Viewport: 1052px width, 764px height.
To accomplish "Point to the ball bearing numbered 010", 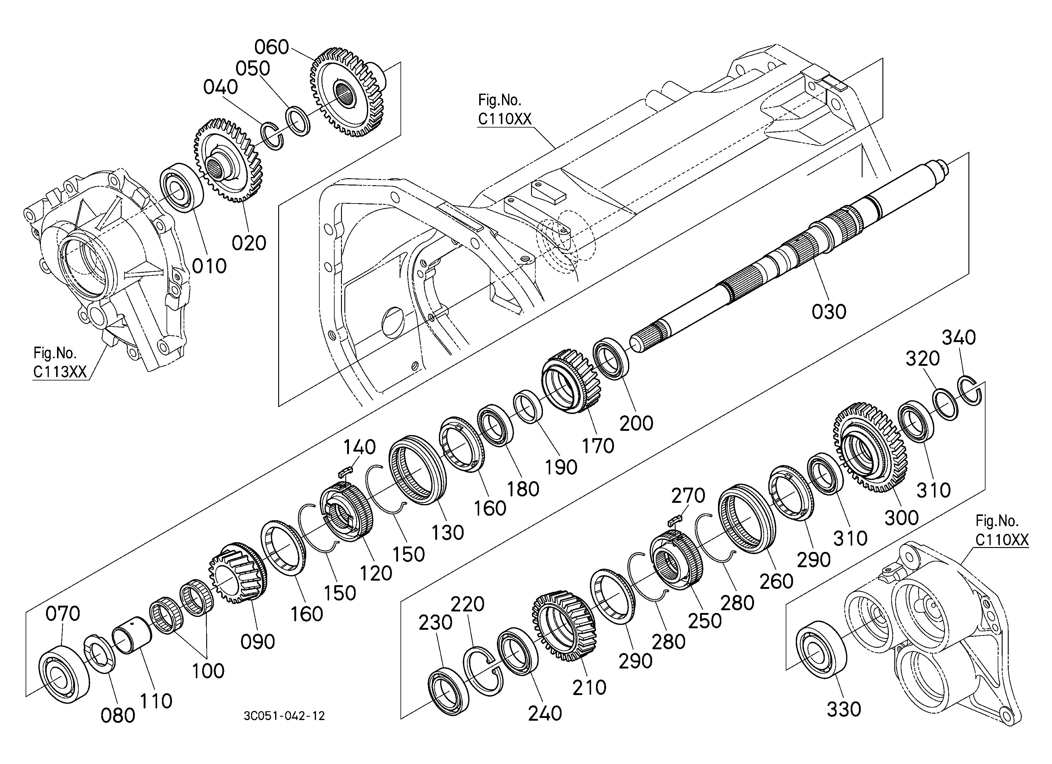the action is pyautogui.click(x=182, y=187).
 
